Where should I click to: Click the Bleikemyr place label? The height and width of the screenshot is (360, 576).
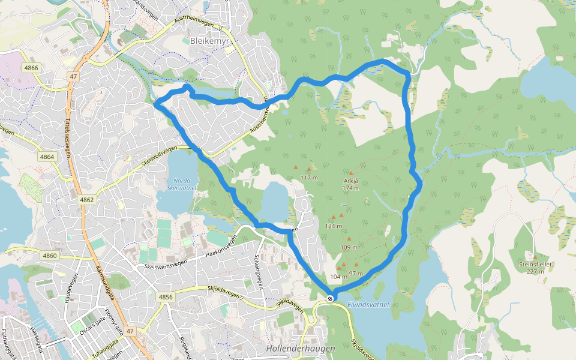(206, 41)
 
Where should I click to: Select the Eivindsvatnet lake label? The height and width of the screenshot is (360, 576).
(368, 305)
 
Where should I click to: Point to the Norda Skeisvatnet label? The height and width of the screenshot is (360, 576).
(181, 184)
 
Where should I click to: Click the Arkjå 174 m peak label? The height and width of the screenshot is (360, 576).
(351, 184)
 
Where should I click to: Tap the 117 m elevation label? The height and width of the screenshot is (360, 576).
(308, 178)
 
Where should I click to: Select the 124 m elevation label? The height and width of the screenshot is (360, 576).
(333, 226)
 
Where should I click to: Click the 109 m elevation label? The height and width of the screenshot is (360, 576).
(349, 247)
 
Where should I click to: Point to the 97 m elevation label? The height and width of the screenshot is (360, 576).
(356, 274)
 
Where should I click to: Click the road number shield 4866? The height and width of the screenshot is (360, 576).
(31, 68)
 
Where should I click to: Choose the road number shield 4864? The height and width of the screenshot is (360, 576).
(47, 157)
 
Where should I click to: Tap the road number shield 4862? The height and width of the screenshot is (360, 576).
(86, 199)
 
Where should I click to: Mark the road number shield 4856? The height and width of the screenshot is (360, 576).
(166, 297)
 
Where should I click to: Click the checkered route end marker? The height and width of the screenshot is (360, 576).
(330, 299)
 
